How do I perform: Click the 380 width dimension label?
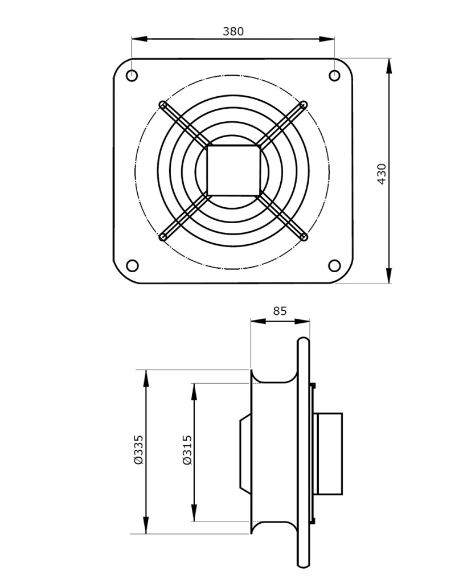pos(233,31)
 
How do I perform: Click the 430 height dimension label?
pos(382,174)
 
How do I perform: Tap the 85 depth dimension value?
pos(280,310)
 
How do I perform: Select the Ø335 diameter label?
pos(138,449)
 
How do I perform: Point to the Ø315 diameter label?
pos(187,450)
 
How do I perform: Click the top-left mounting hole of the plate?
pos(132,76)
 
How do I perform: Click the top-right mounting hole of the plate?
pos(335,76)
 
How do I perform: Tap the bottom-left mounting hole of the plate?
pos(132,266)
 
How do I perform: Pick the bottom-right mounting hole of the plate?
pos(335,266)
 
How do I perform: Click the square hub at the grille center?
pos(233,170)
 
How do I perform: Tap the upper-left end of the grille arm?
pos(162,104)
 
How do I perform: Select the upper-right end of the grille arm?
pos(304,104)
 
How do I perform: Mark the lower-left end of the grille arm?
pos(162,237)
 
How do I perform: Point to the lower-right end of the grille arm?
pos(304,236)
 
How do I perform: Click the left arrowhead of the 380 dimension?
pos(140,38)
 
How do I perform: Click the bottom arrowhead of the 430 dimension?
pos(389,276)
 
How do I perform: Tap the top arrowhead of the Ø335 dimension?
pos(146,378)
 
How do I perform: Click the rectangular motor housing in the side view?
pos(329,454)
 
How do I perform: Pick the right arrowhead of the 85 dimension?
pos(302,321)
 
